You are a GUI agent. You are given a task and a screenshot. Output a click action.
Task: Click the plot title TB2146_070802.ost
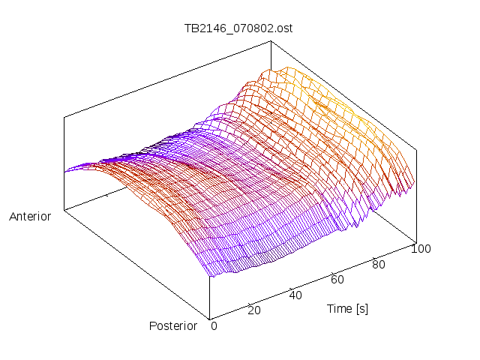[238, 28]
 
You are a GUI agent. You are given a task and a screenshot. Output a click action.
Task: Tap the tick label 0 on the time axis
[214, 325]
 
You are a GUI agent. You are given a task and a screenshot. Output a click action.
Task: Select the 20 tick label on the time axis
[254, 310]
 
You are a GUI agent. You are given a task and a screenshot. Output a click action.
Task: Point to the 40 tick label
[295, 295]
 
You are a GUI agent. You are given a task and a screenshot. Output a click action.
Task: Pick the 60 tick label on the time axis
[337, 280]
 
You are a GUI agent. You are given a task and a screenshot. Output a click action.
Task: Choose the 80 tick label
[379, 264]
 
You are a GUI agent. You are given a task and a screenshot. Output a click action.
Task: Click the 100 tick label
[421, 249]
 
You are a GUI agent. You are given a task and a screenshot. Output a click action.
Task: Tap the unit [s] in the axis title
[361, 308]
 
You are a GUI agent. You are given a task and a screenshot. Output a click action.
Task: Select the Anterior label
[30, 217]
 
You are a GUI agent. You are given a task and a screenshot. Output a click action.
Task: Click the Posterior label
[173, 325]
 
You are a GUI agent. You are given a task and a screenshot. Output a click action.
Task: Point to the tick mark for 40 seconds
[291, 287]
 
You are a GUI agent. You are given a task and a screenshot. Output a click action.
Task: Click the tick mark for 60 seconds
[332, 272]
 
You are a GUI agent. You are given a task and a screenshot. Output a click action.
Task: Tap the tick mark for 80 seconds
[373, 257]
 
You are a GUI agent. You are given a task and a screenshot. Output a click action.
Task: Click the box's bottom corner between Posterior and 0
[210, 318]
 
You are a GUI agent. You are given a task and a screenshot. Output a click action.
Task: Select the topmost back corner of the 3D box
[271, 40]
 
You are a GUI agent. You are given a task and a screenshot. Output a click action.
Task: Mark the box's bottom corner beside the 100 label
[415, 242]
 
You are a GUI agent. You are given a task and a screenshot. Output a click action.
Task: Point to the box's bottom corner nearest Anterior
[64, 211]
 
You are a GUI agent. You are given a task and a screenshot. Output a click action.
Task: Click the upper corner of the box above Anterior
[64, 116]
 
